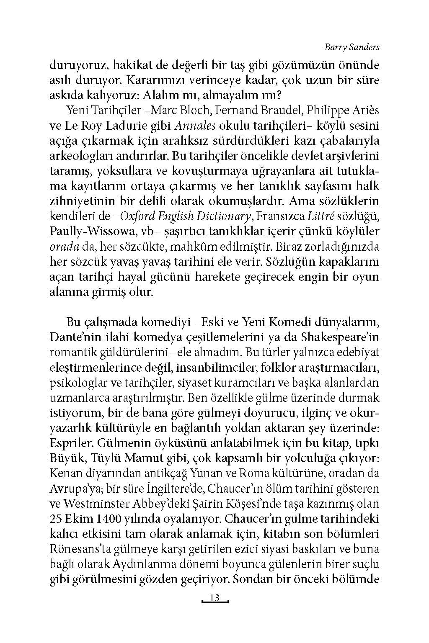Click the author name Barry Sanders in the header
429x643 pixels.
click(x=352, y=47)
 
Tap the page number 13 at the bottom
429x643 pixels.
click(x=214, y=598)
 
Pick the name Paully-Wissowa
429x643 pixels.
click(x=88, y=231)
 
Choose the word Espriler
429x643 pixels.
click(x=70, y=443)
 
